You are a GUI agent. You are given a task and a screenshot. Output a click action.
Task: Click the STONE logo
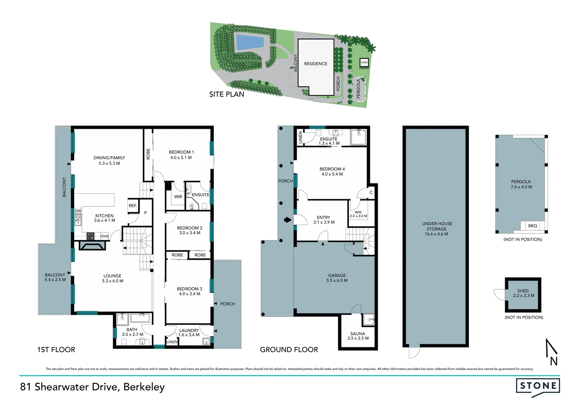coord(538,386)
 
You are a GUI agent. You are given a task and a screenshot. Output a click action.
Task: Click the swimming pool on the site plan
coord(250,41)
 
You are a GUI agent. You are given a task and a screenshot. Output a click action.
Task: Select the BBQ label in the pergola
coord(532,226)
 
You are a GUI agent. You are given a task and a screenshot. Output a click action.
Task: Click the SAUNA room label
coord(357,334)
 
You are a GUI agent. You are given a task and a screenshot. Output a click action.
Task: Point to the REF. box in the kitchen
coord(133,206)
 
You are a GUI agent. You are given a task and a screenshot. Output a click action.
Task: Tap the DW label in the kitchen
coord(78,211)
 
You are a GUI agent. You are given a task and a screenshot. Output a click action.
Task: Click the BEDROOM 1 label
coord(181,152)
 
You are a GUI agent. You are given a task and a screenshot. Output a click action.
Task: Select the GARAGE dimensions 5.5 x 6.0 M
coord(337,281)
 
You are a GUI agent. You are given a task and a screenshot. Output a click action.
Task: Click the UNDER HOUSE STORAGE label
coord(437,226)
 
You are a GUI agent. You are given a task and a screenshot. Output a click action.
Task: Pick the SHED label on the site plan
coord(364,62)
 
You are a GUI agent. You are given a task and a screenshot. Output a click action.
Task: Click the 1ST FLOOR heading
coord(56,350)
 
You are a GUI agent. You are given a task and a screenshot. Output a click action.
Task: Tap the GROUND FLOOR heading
coord(289,350)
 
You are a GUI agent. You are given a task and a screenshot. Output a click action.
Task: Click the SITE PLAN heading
coord(227,94)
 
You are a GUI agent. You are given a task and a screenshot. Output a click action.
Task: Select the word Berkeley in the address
coord(144,387)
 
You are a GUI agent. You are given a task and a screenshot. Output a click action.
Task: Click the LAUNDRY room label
coord(189,330)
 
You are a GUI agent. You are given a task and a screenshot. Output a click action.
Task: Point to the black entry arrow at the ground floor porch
coord(288,220)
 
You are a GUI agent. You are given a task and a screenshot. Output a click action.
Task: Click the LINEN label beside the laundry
coord(172,342)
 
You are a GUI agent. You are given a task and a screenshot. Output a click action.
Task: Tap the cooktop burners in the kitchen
coord(91,236)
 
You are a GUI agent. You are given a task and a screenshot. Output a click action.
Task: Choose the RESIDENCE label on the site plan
coord(315,64)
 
